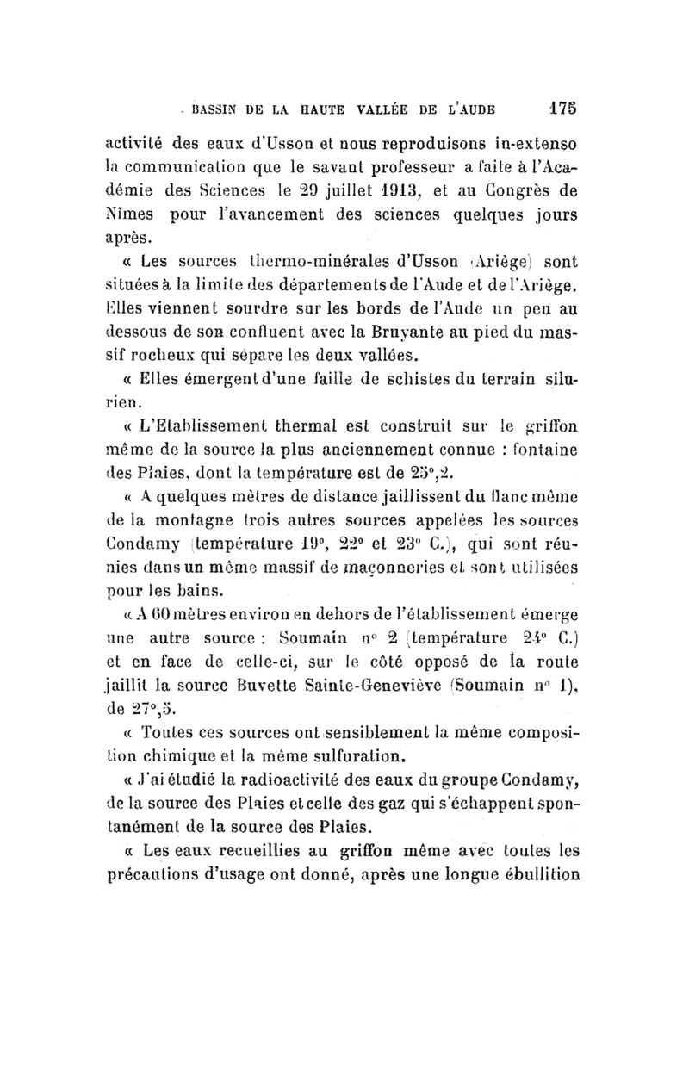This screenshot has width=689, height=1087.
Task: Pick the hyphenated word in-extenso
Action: [526, 139]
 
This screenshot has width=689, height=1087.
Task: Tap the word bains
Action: [200, 591]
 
